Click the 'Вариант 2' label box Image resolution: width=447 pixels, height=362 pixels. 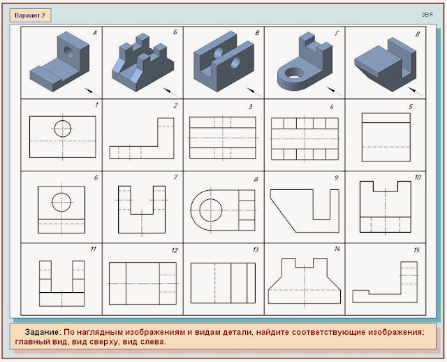click(x=30, y=15)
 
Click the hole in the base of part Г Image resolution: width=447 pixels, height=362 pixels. click(x=294, y=73)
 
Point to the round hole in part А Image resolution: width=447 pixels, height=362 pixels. click(x=68, y=52)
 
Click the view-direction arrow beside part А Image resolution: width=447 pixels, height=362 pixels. click(x=92, y=92)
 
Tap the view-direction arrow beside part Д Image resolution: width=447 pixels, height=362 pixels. click(x=416, y=92)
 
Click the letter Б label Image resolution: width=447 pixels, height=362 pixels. click(x=175, y=32)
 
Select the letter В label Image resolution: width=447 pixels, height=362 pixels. click(x=257, y=33)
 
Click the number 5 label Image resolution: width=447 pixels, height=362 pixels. click(x=411, y=107)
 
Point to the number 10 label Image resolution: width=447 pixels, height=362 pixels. click(x=418, y=177)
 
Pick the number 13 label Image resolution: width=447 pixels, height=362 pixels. click(x=255, y=250)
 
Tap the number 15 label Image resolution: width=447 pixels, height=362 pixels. click(x=416, y=250)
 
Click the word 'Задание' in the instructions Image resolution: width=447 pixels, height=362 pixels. click(x=42, y=333)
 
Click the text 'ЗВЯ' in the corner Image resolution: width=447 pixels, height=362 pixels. click(x=427, y=15)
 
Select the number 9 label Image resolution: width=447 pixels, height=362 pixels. click(x=336, y=178)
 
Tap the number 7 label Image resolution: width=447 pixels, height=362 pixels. click(x=175, y=178)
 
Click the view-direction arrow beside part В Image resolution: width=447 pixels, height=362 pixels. click(x=254, y=92)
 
